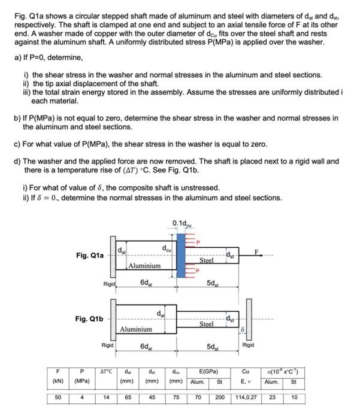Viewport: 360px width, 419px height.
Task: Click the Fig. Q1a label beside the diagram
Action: [x=90, y=255]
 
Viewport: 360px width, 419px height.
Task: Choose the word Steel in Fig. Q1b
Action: [x=206, y=324]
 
